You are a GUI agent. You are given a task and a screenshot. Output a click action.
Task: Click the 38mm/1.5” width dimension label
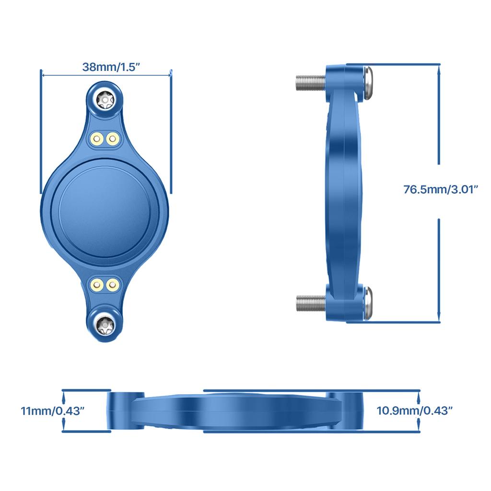(111, 67)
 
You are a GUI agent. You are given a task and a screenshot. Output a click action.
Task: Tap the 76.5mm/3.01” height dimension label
(441, 189)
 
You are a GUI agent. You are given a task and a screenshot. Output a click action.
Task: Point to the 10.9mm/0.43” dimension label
(414, 411)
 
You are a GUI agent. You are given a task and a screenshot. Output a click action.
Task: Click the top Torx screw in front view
(105, 100)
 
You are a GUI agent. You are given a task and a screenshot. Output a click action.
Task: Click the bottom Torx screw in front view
(105, 327)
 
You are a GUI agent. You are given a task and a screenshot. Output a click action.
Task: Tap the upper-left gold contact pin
(97, 139)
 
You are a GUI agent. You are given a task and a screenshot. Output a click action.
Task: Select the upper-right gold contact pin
(113, 139)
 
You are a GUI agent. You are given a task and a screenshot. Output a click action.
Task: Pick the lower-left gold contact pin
(97, 285)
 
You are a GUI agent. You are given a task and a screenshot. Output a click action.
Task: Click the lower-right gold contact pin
(113, 285)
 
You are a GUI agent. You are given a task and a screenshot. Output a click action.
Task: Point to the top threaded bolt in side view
(310, 82)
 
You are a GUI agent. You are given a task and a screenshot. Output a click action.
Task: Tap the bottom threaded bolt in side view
(310, 303)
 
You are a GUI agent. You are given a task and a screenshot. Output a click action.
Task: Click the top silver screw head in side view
(368, 82)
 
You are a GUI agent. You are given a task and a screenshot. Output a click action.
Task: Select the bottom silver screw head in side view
(368, 303)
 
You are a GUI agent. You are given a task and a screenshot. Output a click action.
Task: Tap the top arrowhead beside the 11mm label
(64, 394)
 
